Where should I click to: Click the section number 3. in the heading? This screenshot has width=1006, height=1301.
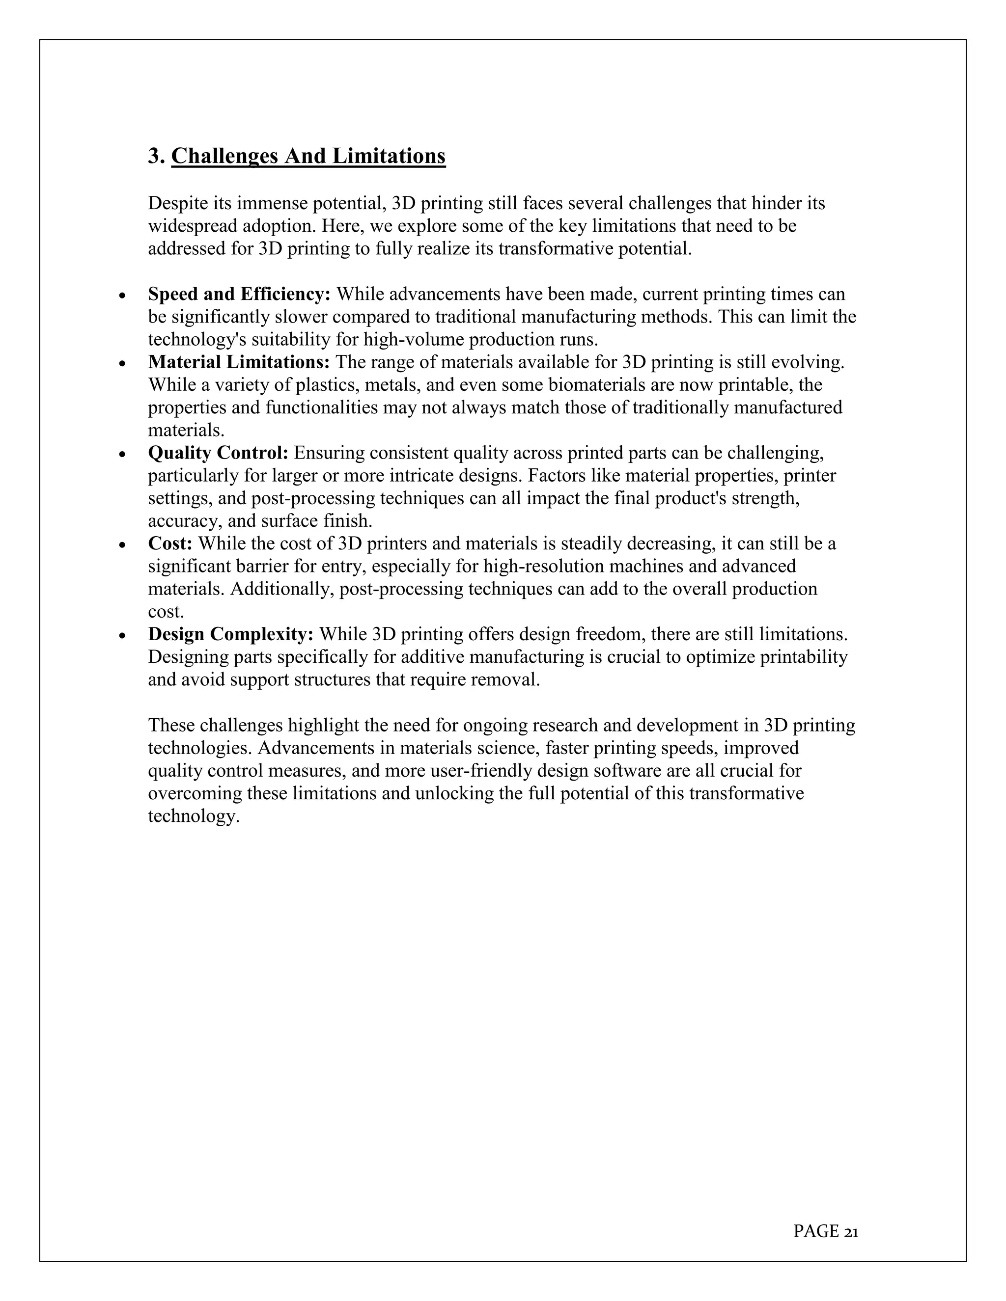click(156, 156)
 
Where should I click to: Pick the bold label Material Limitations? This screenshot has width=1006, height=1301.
click(238, 362)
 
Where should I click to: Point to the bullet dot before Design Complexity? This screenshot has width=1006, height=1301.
click(122, 636)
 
